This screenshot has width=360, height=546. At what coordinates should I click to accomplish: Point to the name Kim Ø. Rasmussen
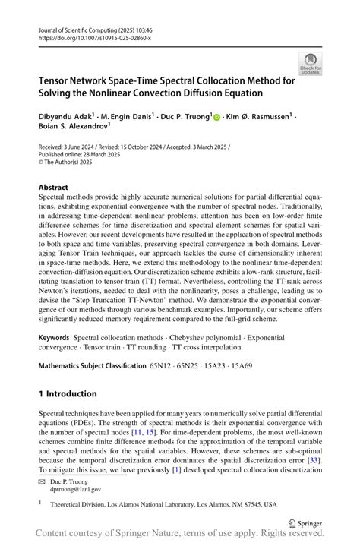(255, 118)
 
